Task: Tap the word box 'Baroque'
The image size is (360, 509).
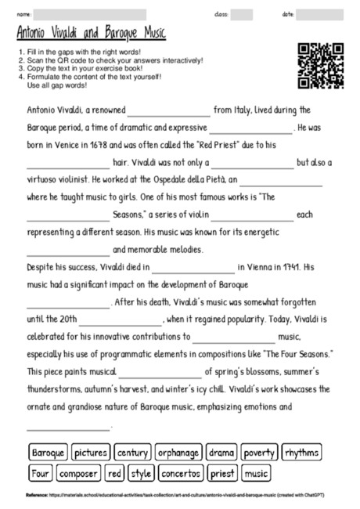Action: [x=48, y=453]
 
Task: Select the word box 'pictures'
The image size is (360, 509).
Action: [x=91, y=453]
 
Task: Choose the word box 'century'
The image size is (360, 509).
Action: [x=132, y=453]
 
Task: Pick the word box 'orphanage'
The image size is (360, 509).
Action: [x=178, y=453]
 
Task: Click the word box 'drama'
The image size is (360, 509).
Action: [x=221, y=453]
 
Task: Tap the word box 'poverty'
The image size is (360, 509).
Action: [x=259, y=453]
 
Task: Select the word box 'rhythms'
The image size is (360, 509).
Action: [x=301, y=453]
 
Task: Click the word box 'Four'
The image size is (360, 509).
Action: [x=39, y=473]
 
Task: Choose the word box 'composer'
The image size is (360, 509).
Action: [x=78, y=473]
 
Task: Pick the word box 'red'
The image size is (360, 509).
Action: [x=115, y=473]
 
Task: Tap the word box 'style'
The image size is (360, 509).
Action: [x=142, y=473]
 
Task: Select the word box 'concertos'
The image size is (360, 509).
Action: [x=181, y=473]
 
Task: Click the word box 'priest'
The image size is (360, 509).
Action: [x=223, y=473]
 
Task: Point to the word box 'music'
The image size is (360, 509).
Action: [x=256, y=473]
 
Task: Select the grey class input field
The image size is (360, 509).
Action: [x=241, y=14]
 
